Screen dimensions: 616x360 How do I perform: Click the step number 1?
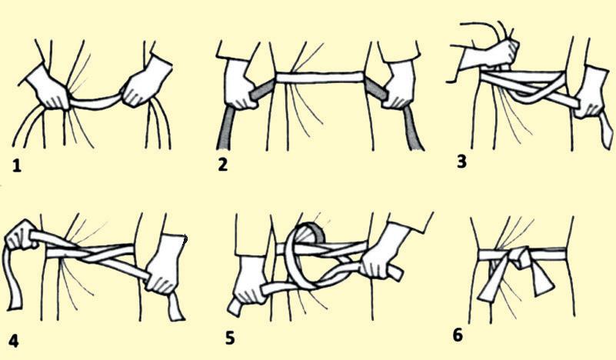tap(16, 166)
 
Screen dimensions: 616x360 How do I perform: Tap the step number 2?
tap(222, 164)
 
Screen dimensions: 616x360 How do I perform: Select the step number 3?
tap(462, 161)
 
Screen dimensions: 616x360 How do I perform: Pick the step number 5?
tap(230, 338)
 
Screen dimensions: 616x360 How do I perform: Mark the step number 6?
tap(458, 335)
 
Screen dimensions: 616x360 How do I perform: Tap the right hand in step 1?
tap(146, 82)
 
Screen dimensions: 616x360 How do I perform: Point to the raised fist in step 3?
tap(491, 53)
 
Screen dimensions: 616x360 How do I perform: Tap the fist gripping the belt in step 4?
tap(21, 235)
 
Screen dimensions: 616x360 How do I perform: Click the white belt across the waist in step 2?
tap(319, 78)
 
